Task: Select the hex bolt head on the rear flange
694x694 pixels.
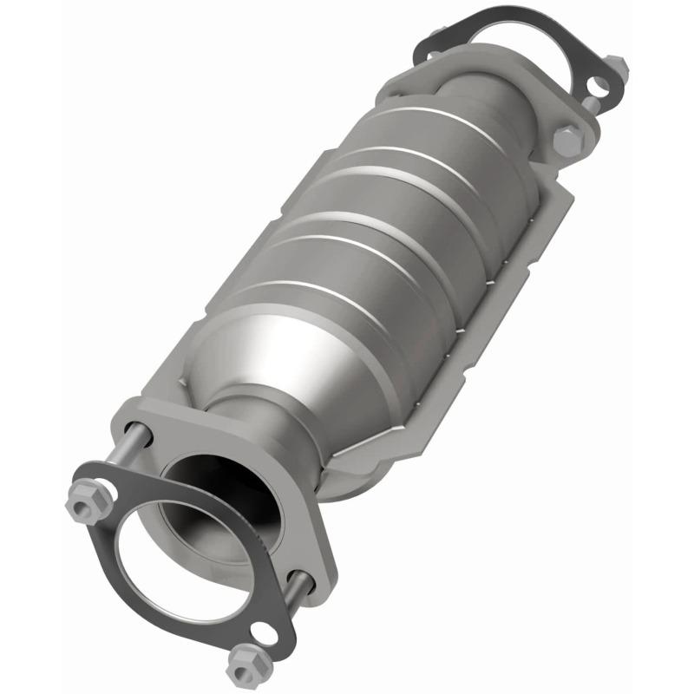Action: click(x=567, y=141)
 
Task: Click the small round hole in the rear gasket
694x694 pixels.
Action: click(x=598, y=86)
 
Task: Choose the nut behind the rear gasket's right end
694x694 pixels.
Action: click(x=617, y=65)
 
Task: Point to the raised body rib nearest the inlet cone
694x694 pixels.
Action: click(x=286, y=295)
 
